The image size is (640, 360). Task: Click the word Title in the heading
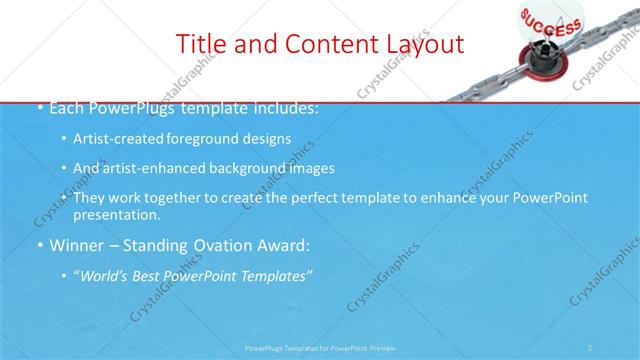[200, 44]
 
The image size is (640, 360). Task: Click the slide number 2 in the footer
[591, 347]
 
